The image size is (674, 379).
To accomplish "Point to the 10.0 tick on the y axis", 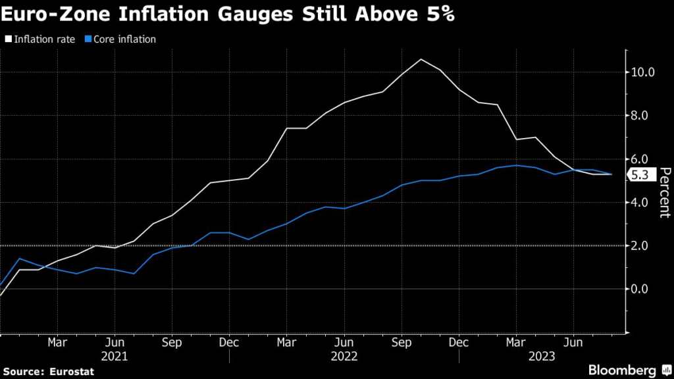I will click(x=642, y=72).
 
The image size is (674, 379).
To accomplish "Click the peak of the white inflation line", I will click(x=421, y=59).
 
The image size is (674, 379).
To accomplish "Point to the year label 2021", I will click(x=115, y=357).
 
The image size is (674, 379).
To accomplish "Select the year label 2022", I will click(x=344, y=357).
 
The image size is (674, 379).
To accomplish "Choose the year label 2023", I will click(x=544, y=357).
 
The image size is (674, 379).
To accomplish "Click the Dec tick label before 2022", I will click(x=230, y=343).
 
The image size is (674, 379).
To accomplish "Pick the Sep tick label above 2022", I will click(x=402, y=343).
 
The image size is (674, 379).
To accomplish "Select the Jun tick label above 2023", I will click(x=573, y=343).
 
